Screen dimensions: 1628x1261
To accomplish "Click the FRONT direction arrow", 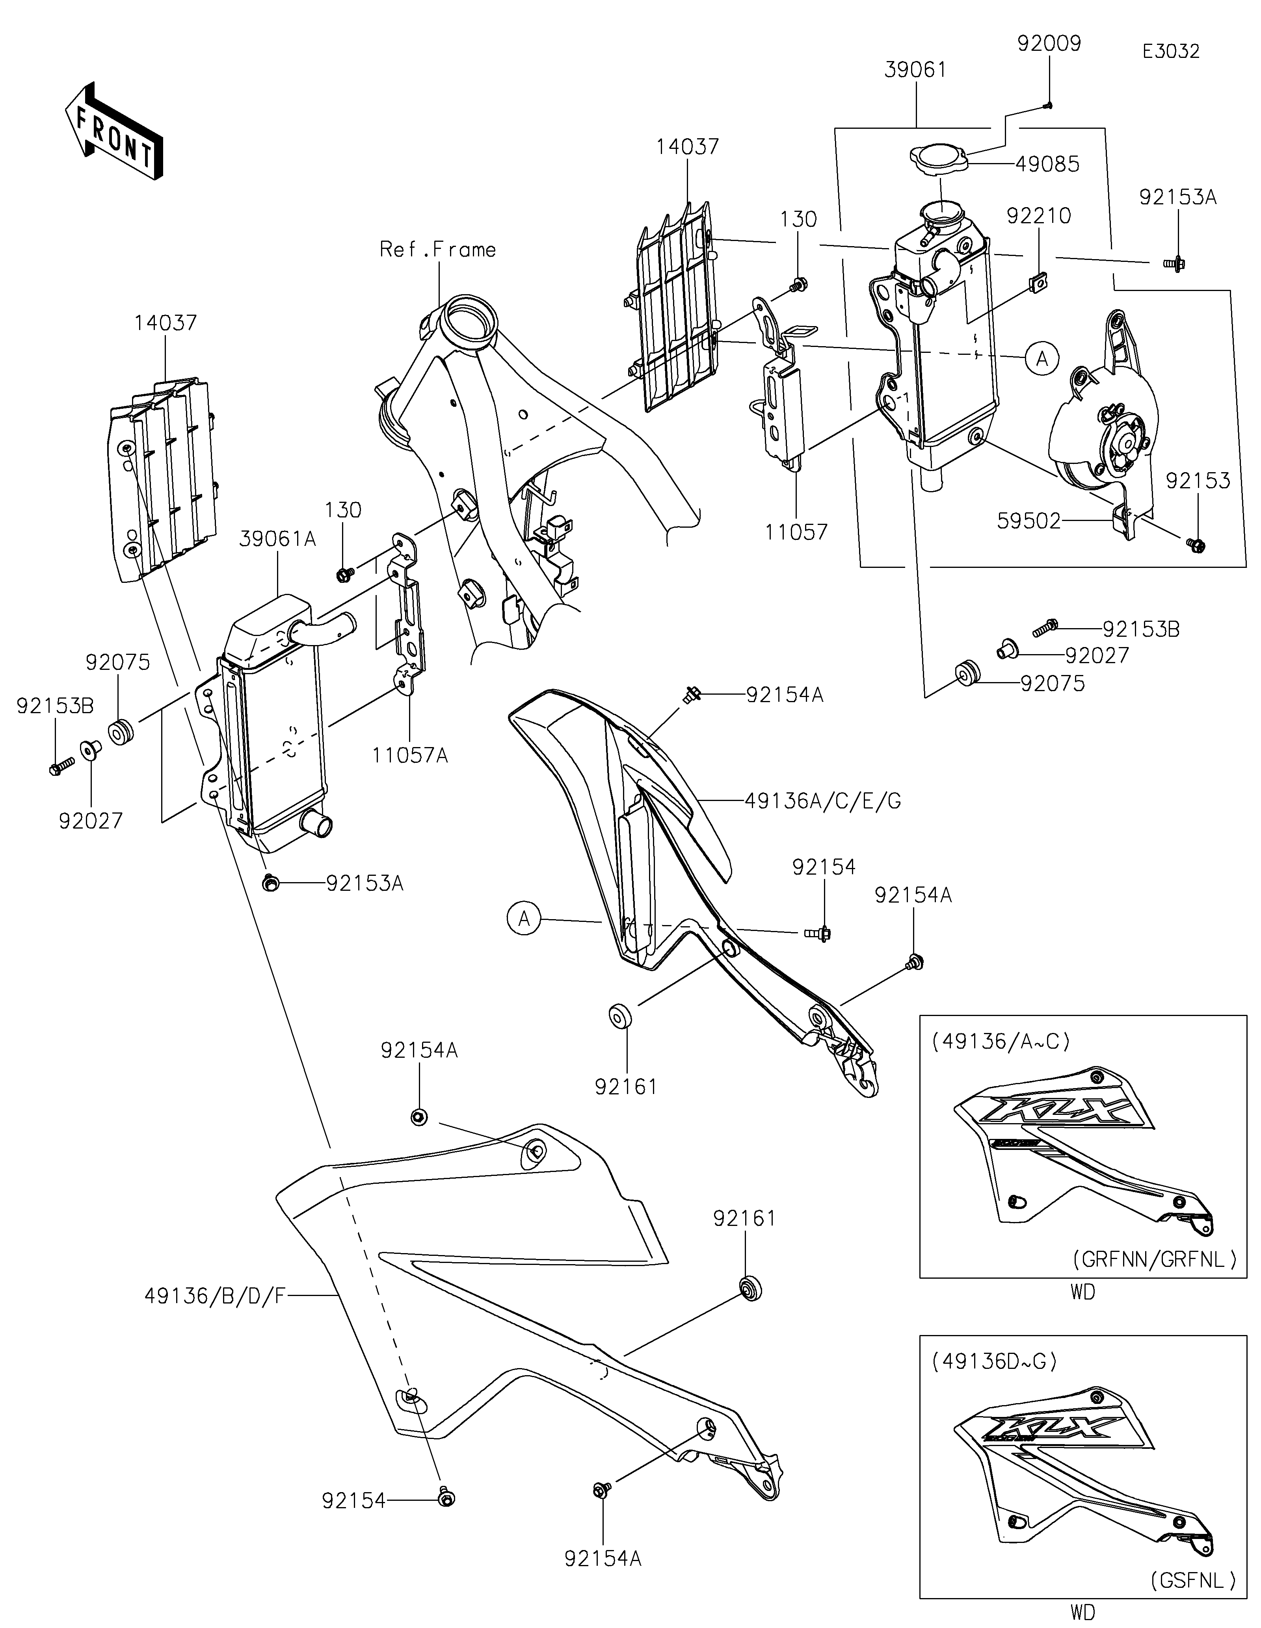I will pyautogui.click(x=113, y=131).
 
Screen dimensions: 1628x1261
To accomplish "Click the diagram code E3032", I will pyautogui.click(x=1171, y=52).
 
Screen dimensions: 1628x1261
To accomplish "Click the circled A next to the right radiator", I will pyautogui.click(x=1042, y=358).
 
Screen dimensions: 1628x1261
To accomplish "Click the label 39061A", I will pyautogui.click(x=278, y=539).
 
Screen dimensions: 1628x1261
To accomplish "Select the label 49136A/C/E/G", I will pyautogui.click(x=822, y=801).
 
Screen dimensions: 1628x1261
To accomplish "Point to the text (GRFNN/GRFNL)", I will pyautogui.click(x=1154, y=1260).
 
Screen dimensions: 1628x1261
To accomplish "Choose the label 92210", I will pyautogui.click(x=1039, y=216).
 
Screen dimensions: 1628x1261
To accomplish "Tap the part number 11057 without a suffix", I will pyautogui.click(x=796, y=532).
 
